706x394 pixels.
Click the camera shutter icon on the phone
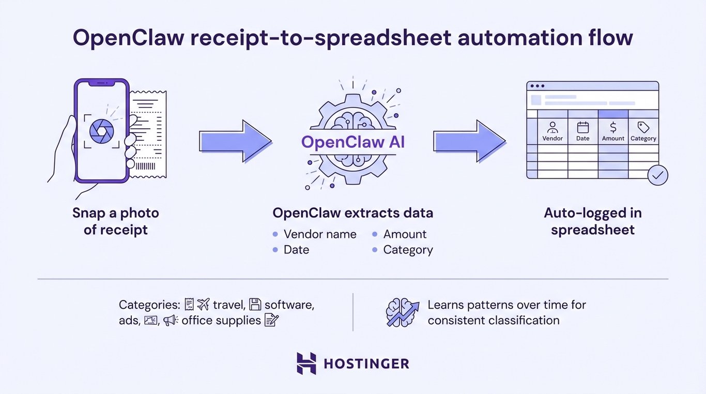pos(101,131)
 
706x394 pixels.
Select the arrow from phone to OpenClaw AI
pos(235,141)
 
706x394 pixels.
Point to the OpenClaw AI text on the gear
pos(353,143)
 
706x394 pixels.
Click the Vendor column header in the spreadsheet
pos(552,131)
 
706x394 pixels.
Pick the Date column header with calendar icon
pos(582,131)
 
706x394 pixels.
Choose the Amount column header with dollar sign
pos(613,131)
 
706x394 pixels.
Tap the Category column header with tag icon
pos(643,131)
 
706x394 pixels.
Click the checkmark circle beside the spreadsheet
pos(657,175)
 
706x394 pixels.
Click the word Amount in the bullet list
pos(405,234)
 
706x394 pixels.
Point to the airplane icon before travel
pos(204,304)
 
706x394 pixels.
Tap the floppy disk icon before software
pos(255,304)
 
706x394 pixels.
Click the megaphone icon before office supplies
pos(170,321)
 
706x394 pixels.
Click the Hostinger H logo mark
pos(306,363)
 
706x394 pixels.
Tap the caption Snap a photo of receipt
pos(115,221)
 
